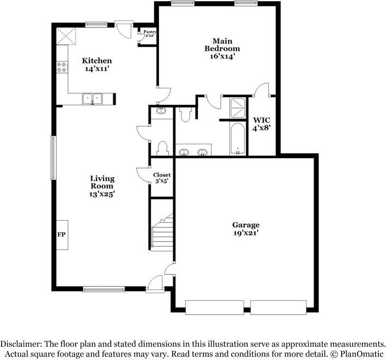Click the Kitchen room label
tap(97, 60)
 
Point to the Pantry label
tap(150, 32)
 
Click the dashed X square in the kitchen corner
tap(67, 37)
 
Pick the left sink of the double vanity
tap(184, 151)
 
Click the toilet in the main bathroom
tap(185, 113)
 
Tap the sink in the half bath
tap(161, 111)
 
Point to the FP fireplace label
tap(61, 234)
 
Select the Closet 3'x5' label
tap(161, 177)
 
